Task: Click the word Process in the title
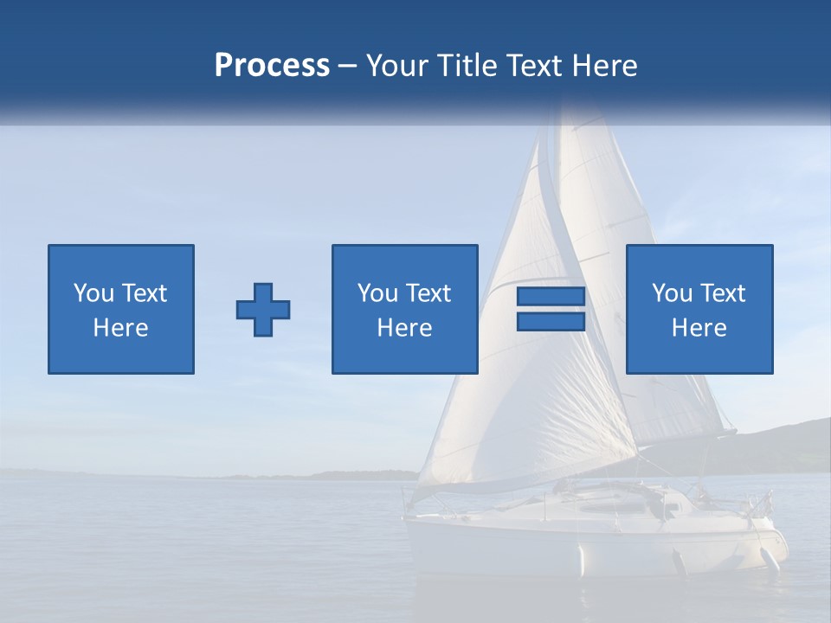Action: point(272,66)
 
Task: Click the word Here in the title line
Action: point(606,66)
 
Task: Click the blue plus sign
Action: point(263,310)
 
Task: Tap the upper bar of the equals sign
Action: point(551,297)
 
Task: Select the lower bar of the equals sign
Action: point(551,322)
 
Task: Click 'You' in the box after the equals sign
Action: point(672,293)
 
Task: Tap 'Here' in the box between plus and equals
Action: point(405,328)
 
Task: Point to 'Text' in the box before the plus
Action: point(144,293)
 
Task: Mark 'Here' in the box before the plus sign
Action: point(121,328)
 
